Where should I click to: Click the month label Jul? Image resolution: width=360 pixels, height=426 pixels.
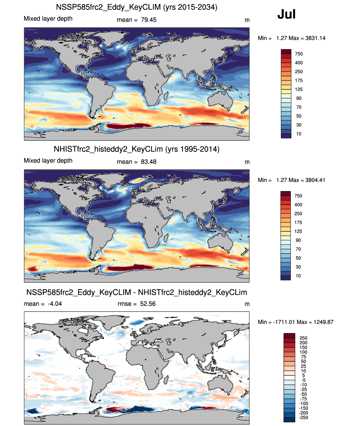pyautogui.click(x=286, y=14)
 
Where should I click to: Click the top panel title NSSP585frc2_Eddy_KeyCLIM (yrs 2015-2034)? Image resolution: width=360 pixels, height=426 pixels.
pyautogui.click(x=136, y=7)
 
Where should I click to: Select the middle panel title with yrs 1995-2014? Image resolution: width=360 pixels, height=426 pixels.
pyautogui.click(x=136, y=149)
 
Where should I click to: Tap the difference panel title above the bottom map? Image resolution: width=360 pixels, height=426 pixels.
pyautogui.click(x=136, y=292)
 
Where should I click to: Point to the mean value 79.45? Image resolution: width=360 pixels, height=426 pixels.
pyautogui.click(x=148, y=20)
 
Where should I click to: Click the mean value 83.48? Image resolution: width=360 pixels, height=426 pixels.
pyautogui.click(x=148, y=162)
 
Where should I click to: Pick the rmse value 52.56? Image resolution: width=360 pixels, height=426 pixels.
pyautogui.click(x=148, y=304)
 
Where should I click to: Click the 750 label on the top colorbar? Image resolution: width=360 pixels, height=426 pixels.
pyautogui.click(x=299, y=54)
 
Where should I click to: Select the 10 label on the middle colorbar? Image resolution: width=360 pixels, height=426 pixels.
pyautogui.click(x=298, y=276)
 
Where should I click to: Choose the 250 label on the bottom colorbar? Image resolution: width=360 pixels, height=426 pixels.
pyautogui.click(x=303, y=338)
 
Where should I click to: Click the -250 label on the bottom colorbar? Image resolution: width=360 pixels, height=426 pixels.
pyautogui.click(x=303, y=417)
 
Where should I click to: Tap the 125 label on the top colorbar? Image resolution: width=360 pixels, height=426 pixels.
pyautogui.click(x=299, y=89)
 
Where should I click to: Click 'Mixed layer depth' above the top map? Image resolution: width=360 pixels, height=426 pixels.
pyautogui.click(x=48, y=19)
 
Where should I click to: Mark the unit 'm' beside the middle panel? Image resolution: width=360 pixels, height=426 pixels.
pyautogui.click(x=247, y=162)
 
